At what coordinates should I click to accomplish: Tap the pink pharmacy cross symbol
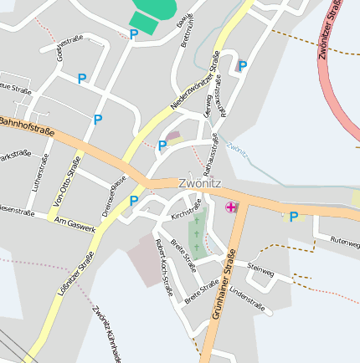coord(231,207)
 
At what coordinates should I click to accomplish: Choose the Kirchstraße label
coord(187,209)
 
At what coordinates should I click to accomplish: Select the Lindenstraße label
coord(246,298)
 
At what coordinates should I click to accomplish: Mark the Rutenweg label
coord(344,240)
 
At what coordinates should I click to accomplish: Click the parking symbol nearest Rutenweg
coord(293,217)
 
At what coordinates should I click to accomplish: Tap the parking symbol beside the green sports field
coord(133,34)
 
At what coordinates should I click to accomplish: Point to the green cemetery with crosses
coord(197,233)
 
